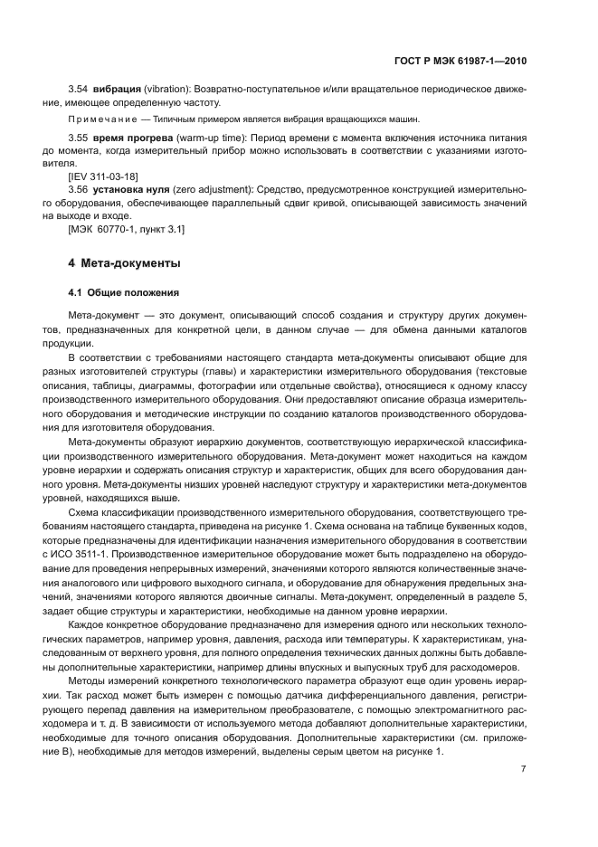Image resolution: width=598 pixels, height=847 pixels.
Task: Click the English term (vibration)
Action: point(169,91)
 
